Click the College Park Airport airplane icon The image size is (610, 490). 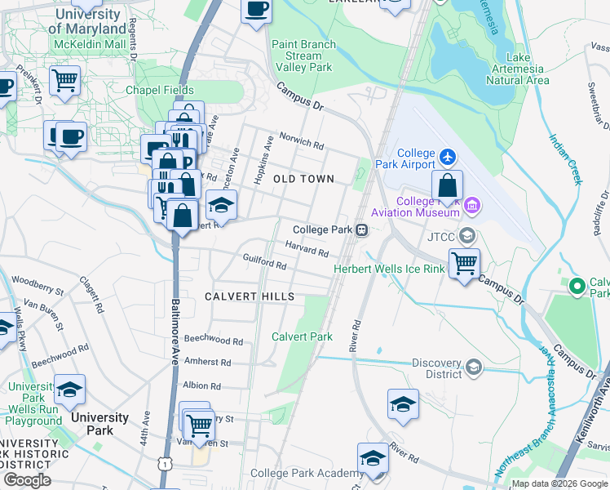click(447, 155)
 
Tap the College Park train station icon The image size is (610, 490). click(360, 230)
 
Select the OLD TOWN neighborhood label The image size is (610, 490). click(303, 179)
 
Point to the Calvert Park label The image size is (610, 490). click(302, 336)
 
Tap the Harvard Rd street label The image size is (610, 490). click(307, 249)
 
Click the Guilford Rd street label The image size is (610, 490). click(264, 265)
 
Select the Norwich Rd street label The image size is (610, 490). click(302, 140)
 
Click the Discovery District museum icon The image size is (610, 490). click(473, 369)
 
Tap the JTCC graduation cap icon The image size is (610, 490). click(466, 236)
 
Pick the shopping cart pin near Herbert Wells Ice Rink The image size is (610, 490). click(464, 263)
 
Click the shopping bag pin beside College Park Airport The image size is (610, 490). click(447, 185)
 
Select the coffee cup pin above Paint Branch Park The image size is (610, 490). click(256, 10)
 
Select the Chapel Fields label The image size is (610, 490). click(159, 90)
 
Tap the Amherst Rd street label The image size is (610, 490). click(208, 362)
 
